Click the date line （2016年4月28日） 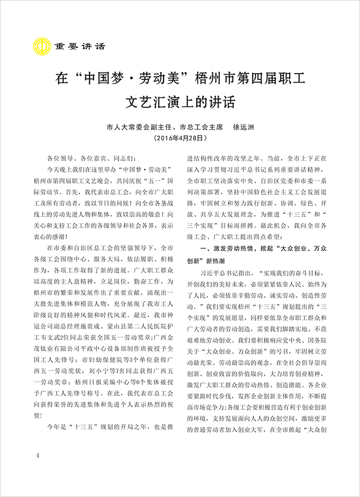pos(181,138)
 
